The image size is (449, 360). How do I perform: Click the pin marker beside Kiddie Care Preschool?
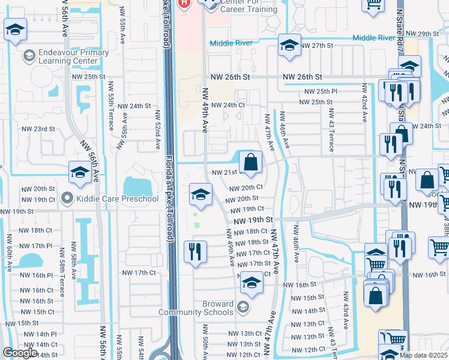click(x=67, y=198)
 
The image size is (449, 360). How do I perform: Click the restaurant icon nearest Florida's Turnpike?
click(x=196, y=251)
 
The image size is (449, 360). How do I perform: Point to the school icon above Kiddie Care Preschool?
click(x=80, y=173)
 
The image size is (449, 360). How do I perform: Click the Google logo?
click(x=19, y=353)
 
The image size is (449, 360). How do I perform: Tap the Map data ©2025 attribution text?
click(x=423, y=355)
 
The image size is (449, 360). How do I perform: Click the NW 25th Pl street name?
click(x=321, y=91)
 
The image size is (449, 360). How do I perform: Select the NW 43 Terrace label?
click(x=330, y=125)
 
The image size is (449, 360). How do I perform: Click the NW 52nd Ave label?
click(x=157, y=129)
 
